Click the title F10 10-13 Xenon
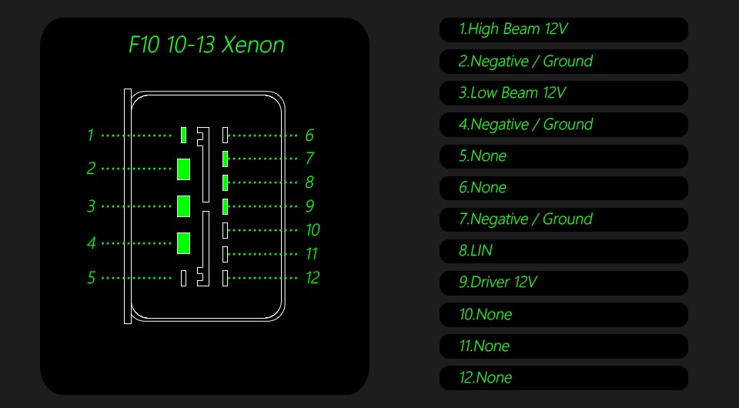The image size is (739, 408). pos(206,45)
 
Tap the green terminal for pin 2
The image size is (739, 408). pos(183,169)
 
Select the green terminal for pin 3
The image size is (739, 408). pos(183,206)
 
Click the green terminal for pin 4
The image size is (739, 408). pos(183,242)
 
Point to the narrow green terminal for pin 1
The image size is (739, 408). pos(183,135)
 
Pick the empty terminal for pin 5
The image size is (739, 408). pos(183,278)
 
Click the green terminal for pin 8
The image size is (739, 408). pos(225,182)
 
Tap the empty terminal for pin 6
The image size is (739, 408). pos(225,135)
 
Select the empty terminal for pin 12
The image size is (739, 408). pos(225,278)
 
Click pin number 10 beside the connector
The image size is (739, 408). pos(312,230)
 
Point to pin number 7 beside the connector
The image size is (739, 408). pos(309,159)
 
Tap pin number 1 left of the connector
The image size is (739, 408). pos(90,135)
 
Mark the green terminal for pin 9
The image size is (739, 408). pos(225,206)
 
